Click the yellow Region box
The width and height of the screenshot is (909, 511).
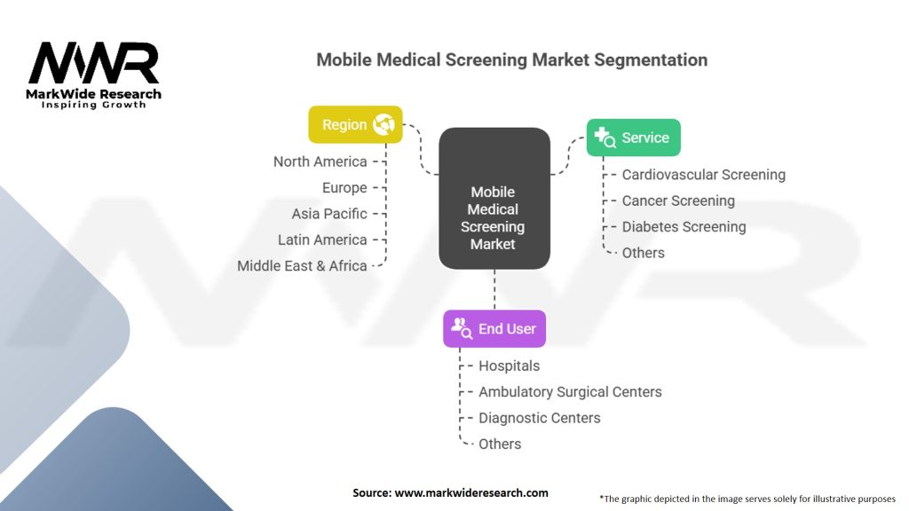tap(355, 124)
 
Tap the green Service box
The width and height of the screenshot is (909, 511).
tap(634, 138)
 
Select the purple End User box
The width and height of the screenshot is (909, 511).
tap(494, 328)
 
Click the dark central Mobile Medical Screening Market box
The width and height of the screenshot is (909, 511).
tap(494, 198)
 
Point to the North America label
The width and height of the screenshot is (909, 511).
tap(320, 161)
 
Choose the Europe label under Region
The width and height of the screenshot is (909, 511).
tap(344, 188)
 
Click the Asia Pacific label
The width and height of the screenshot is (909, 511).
tap(329, 214)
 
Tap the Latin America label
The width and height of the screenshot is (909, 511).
tap(322, 240)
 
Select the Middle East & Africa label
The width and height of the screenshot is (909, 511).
tap(302, 266)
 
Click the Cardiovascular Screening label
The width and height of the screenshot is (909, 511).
tap(704, 175)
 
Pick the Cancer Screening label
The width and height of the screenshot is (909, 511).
tap(678, 200)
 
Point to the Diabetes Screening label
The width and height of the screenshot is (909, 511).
tap(684, 226)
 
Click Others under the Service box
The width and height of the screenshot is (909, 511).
tap(644, 253)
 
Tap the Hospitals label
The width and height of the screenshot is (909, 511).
tap(509, 366)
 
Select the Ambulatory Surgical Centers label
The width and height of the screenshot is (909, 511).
tap(570, 391)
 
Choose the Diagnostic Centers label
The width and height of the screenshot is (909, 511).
tap(539, 418)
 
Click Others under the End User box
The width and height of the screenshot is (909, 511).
tap(500, 444)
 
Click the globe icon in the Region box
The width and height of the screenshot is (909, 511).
tap(383, 124)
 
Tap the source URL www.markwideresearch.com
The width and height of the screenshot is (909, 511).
tap(471, 492)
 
